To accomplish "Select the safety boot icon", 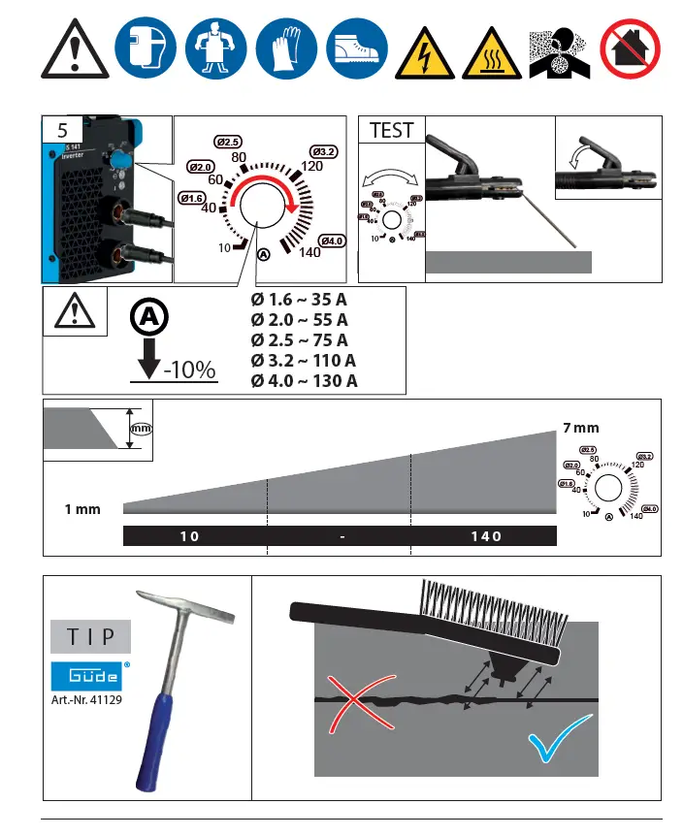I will (x=354, y=48).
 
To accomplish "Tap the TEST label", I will (x=391, y=130).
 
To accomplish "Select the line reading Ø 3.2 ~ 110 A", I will (x=304, y=360).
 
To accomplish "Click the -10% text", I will (x=188, y=371).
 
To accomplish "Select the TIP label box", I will (x=90, y=637).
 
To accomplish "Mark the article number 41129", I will (x=87, y=700).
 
